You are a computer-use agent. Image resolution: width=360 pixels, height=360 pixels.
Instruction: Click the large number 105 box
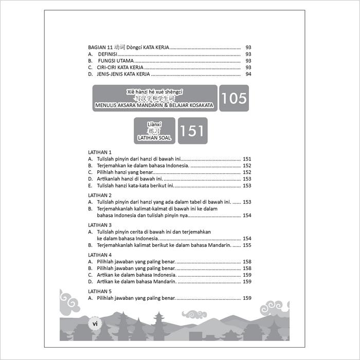[x=234, y=98]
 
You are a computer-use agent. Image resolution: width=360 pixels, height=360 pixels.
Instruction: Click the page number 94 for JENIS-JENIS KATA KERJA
[x=248, y=74]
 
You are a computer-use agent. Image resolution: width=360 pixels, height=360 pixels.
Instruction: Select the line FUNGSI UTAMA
[x=112, y=61]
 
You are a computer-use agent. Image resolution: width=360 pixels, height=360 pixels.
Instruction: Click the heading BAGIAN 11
[x=103, y=47]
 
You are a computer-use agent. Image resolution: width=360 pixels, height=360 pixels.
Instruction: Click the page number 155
[x=247, y=245]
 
